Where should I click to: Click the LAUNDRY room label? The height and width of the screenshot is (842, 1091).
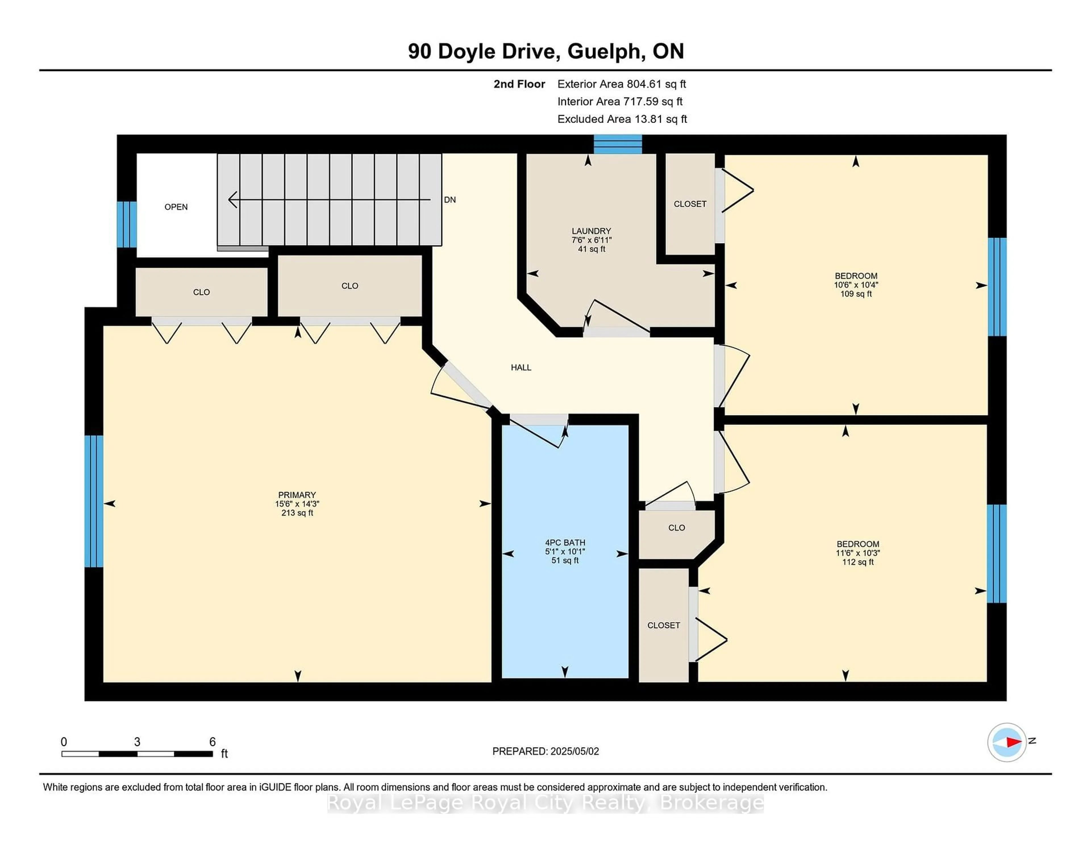coord(592,231)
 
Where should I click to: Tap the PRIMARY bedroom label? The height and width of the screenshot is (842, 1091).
coord(297,495)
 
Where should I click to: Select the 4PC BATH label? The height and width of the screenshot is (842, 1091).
coord(565,543)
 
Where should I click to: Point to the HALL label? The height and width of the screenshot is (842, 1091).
coord(521,367)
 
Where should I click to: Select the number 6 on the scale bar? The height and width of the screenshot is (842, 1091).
coord(212,742)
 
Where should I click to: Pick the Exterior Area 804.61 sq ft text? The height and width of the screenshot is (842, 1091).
coord(622,84)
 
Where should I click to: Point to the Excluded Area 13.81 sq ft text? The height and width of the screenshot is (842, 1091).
coord(622,119)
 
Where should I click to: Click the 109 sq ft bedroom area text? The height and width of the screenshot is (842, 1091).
coord(856,294)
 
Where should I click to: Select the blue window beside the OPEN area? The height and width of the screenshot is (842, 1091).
coord(126,225)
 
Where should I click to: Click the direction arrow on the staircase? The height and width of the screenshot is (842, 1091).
coord(329,200)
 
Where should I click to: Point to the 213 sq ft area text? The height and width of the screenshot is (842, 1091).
coord(297,513)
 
